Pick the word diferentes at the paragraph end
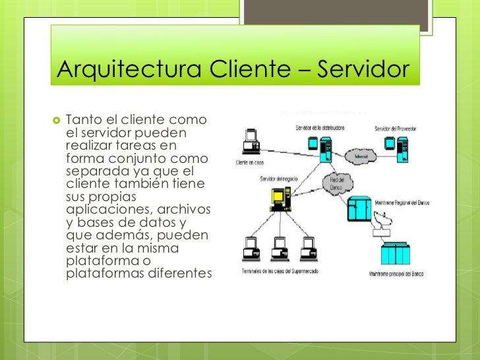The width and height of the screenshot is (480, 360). [176, 272]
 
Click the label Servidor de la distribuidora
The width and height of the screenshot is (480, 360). [320, 128]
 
